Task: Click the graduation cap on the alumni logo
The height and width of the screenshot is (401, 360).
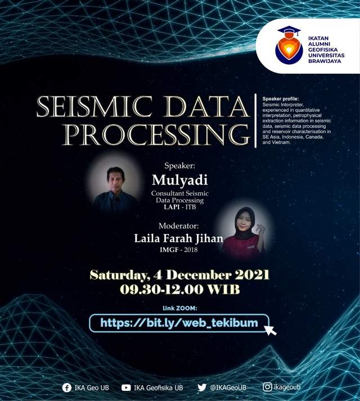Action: [x=289, y=31]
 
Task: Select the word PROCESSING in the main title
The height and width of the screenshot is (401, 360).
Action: [x=156, y=135]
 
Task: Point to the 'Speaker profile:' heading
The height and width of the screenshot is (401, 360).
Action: [x=281, y=99]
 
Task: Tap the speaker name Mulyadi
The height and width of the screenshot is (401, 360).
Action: [x=179, y=180]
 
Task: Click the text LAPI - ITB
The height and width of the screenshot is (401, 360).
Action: [x=180, y=207]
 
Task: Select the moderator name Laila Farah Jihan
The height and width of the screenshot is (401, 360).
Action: [x=178, y=238]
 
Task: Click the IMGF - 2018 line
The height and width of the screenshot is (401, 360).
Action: [x=178, y=250]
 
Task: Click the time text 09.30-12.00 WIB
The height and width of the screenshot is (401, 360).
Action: [x=179, y=290]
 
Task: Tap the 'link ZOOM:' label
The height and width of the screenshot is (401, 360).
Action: [x=180, y=308]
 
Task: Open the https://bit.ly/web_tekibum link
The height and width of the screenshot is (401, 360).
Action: [x=179, y=323]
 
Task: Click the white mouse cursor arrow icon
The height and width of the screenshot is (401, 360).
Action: [x=270, y=330]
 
